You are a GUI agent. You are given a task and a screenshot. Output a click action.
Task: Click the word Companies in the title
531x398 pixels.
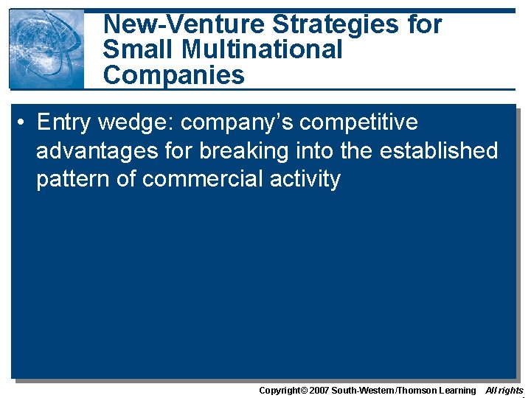[173, 74]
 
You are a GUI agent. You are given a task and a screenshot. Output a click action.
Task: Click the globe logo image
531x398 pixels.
[46, 49]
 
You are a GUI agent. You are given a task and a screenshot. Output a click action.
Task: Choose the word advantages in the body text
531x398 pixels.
[99, 150]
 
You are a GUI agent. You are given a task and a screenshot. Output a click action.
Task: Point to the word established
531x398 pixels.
[439, 150]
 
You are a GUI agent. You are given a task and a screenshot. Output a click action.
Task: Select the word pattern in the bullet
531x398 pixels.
[73, 179]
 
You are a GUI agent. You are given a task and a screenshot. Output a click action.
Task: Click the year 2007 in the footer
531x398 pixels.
[318, 390]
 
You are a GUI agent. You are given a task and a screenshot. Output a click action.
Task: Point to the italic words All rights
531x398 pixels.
[504, 390]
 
